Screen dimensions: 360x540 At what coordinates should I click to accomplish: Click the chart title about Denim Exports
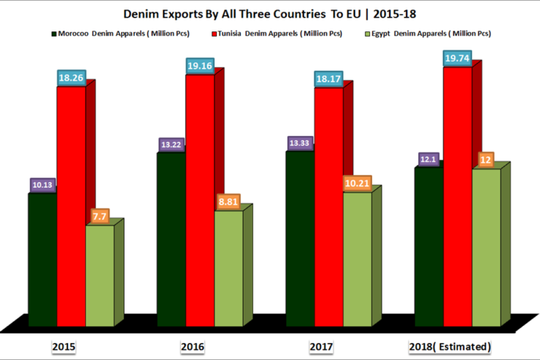270,13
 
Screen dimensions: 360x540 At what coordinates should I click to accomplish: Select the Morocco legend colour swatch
53,34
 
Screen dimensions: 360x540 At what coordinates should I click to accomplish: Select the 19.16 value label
200,64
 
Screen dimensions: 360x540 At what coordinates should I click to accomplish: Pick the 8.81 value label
228,202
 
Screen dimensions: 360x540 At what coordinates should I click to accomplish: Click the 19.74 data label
458,58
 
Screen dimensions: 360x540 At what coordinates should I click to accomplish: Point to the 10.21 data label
358,183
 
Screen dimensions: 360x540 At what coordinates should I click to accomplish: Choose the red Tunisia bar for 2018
458,197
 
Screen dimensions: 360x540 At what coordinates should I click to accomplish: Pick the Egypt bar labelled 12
486,248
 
